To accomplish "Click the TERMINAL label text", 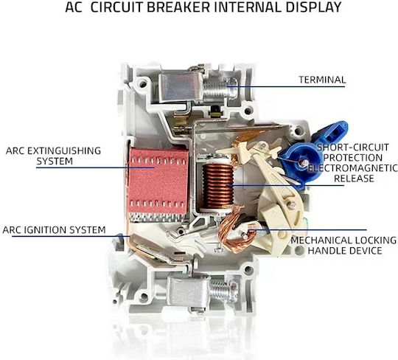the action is click(x=322, y=80).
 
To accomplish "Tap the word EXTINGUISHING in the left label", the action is click(x=64, y=150).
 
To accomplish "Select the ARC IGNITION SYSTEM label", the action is click(x=54, y=230).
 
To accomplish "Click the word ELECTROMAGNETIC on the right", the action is click(x=353, y=168).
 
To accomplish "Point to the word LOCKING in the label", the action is click(x=376, y=240).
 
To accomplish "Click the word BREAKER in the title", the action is click(x=178, y=7).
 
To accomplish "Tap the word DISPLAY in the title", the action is click(x=313, y=7).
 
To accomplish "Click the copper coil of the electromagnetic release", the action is click(x=218, y=186).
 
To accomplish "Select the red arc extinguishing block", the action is click(x=158, y=181).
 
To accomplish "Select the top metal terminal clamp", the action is click(x=181, y=86).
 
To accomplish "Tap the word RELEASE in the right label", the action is click(x=354, y=179).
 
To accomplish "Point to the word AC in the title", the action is click(x=74, y=7).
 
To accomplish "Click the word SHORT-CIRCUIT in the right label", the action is click(x=353, y=148).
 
